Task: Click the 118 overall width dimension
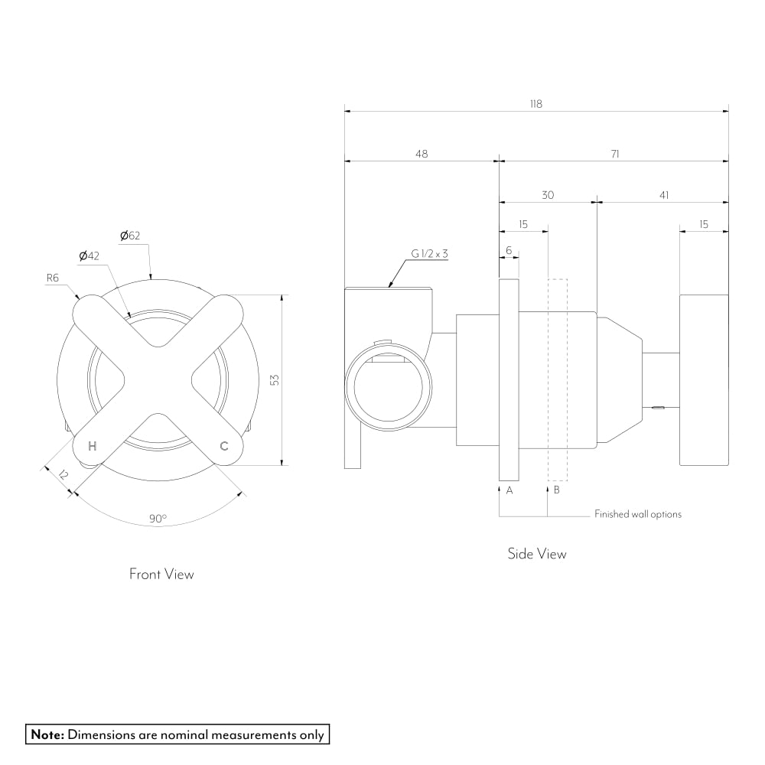(535, 104)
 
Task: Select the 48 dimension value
(422, 154)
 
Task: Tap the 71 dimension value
(615, 154)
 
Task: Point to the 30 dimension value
(548, 195)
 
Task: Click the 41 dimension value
(663, 195)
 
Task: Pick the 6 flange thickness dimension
(509, 250)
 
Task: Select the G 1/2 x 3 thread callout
(429, 253)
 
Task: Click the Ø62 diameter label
(130, 235)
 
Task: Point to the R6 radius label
(52, 278)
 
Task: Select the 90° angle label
(158, 519)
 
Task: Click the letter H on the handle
(93, 446)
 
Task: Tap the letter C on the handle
(224, 446)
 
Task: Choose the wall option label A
(509, 490)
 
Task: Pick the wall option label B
(556, 490)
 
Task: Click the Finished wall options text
(638, 514)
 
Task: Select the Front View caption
(161, 574)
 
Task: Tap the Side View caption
(537, 554)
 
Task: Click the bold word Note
(47, 735)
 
